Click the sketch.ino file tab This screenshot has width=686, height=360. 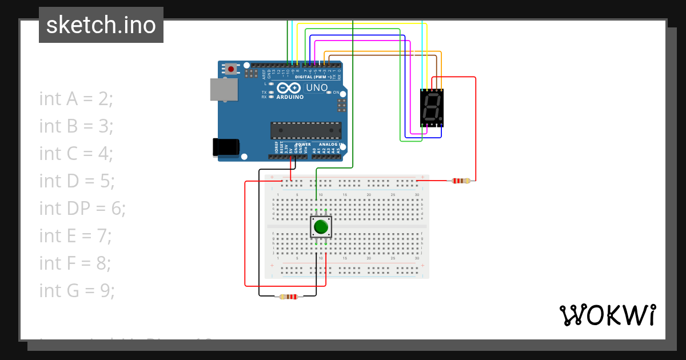click(x=101, y=25)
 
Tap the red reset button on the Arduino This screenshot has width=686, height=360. click(x=230, y=69)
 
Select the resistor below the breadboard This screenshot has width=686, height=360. click(x=288, y=297)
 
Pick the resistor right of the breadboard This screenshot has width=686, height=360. click(x=461, y=181)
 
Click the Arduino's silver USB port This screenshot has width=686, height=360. click(x=224, y=90)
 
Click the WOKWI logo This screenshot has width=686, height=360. click(x=607, y=315)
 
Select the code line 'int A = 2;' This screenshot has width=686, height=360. click(x=77, y=99)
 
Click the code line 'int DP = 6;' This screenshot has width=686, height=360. click(x=82, y=209)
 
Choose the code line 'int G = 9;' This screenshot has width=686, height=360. click(x=77, y=291)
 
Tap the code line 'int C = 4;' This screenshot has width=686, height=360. click(x=76, y=154)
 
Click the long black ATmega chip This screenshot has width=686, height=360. click(x=306, y=130)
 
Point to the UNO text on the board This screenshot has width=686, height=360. click(x=317, y=88)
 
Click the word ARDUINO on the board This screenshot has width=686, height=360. click(x=290, y=97)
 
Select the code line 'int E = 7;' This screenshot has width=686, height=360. click(x=75, y=236)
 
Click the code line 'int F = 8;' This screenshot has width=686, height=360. click(x=75, y=263)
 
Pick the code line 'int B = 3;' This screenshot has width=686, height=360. click(x=76, y=126)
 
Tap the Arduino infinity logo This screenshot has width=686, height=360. click(x=289, y=88)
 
